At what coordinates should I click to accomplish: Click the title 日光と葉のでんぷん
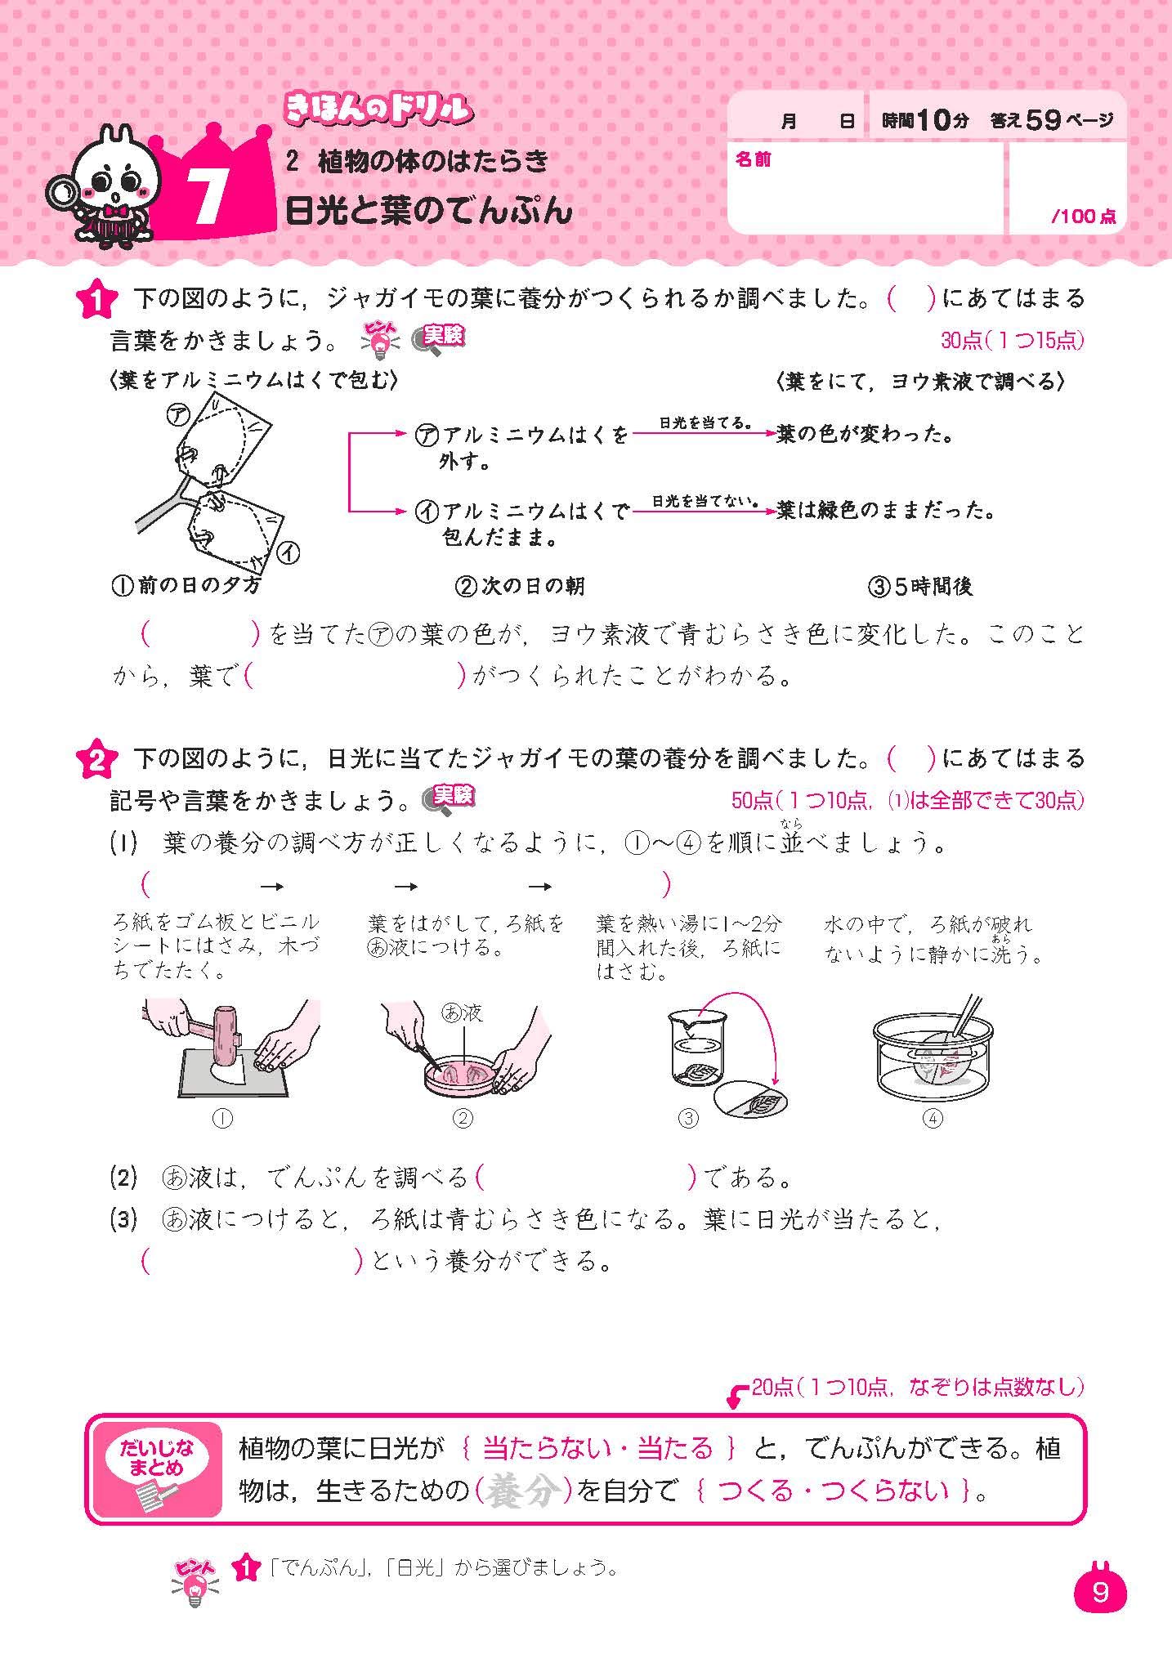click(x=428, y=212)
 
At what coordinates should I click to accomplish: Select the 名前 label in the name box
click(x=753, y=160)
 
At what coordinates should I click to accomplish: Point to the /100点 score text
click(x=1083, y=217)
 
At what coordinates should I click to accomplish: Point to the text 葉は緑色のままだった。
click(x=886, y=512)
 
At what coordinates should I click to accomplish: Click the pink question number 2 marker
click(x=95, y=761)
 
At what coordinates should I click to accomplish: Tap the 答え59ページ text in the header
click(x=1051, y=121)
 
